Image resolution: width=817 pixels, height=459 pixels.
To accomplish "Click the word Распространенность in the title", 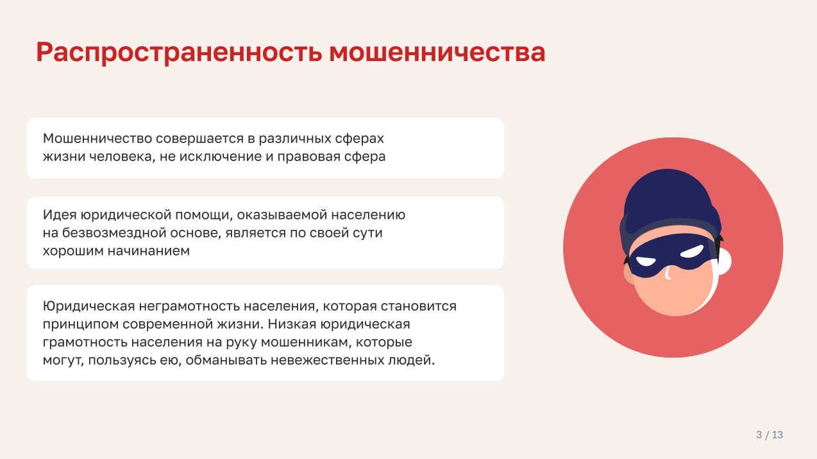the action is (179, 53).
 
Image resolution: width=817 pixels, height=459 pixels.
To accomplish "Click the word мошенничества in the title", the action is (437, 52).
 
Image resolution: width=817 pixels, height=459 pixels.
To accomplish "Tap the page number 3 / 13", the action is (770, 435).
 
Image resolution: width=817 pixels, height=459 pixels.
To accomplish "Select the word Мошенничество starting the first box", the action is (97, 139).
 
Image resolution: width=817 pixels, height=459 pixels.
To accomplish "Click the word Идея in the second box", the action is (60, 214).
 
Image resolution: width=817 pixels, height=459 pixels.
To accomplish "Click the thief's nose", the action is (668, 273).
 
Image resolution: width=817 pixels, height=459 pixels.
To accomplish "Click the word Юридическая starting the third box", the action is (89, 306).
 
